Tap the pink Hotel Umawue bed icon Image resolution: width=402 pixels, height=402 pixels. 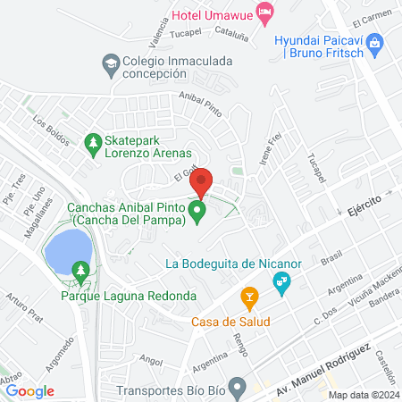pos(264,11)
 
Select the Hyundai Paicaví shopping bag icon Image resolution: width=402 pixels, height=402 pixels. pos(376,41)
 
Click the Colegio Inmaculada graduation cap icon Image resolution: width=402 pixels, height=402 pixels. pos(110,63)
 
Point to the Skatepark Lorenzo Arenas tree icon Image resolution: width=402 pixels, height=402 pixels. pos(92,142)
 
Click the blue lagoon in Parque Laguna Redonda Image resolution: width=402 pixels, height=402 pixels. pos(70,250)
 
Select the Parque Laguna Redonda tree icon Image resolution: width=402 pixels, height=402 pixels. pos(81,269)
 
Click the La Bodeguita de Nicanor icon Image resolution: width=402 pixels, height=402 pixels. pos(283,283)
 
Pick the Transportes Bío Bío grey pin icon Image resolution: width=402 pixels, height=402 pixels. pos(237,388)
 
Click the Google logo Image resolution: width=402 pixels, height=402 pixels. pos(29,390)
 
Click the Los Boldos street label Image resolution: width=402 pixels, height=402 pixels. pos(49,129)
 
